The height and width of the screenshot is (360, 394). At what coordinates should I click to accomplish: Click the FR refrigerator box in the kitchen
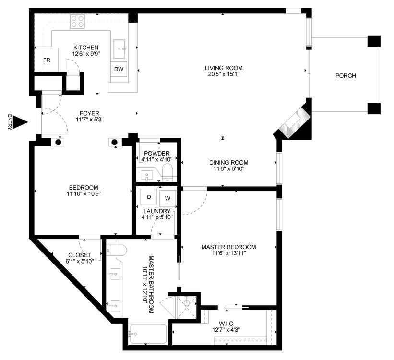click(47, 60)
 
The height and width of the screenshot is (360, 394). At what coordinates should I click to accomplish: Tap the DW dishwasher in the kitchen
click(119, 69)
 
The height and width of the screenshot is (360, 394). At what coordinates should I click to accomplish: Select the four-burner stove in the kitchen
click(77, 22)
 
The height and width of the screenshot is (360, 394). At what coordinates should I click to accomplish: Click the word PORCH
click(346, 76)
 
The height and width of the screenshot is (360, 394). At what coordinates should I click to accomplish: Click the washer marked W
click(167, 198)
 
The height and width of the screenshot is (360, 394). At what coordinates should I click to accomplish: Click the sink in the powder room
click(146, 174)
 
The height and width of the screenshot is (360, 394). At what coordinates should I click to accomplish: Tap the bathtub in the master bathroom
click(148, 335)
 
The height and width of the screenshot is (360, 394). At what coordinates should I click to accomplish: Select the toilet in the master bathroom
click(117, 250)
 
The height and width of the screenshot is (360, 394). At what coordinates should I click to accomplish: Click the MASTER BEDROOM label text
click(228, 247)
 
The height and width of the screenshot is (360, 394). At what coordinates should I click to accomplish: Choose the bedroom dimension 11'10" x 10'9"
click(84, 194)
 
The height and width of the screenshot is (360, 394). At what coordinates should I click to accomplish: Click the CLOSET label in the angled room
click(79, 255)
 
